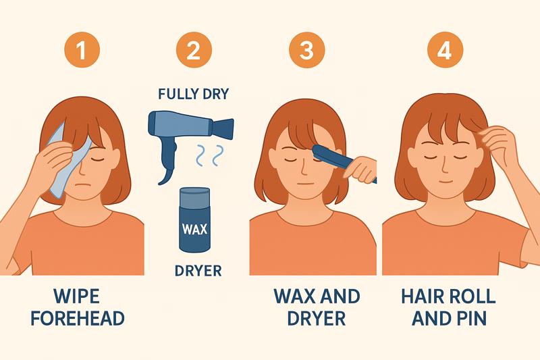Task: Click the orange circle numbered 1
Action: [82, 49]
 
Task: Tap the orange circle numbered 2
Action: [194, 49]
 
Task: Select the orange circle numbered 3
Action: [306, 49]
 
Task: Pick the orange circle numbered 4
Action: [445, 49]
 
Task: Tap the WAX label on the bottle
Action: [194, 229]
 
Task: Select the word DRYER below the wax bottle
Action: [198, 271]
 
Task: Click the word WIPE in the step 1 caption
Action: [77, 297]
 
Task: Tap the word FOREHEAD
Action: [78, 318]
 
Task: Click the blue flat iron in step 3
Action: [341, 161]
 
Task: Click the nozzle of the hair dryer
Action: [223, 128]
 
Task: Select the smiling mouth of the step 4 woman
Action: [445, 180]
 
